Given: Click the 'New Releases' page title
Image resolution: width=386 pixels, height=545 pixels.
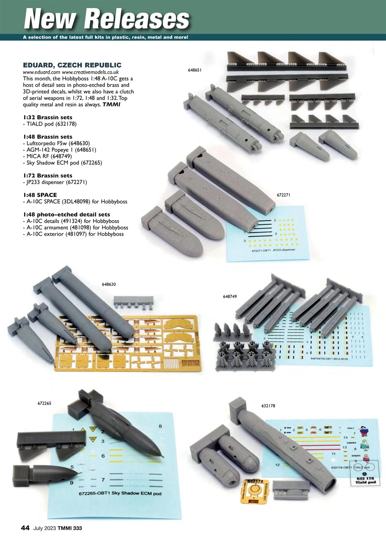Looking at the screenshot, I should pos(107,19).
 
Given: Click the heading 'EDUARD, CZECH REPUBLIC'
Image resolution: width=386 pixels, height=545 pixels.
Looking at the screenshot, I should pos(72,65).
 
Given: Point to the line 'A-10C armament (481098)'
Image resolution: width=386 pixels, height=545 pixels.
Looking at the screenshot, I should pos(73,228).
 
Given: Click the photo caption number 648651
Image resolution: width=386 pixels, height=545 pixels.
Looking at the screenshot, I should pos(194,70).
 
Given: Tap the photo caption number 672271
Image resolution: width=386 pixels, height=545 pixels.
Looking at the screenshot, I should pos(284,195).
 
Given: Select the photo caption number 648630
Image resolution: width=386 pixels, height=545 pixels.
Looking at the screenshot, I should pos(109,284).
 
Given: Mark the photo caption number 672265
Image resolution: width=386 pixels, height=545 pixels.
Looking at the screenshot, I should pos(45,402).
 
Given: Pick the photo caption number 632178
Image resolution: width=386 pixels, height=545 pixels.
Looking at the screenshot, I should pos(268,406).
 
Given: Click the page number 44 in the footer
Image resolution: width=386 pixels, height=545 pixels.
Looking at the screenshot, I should pos(25,528).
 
